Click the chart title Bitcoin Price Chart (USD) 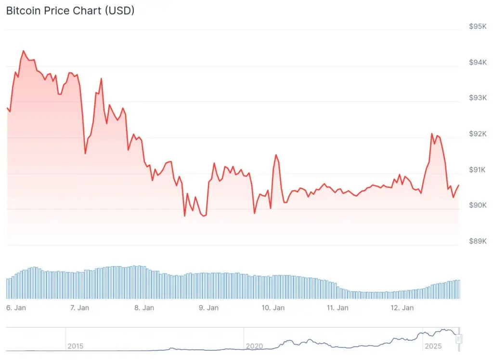tap(70, 11)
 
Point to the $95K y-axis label tap(478, 27)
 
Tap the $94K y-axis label tap(478, 63)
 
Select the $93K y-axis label tap(478, 98)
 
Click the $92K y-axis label tap(478, 134)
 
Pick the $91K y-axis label tap(478, 170)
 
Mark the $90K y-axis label tap(478, 205)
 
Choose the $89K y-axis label tap(478, 241)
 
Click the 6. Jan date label tap(16, 307)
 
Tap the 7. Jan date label tap(79, 307)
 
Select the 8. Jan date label tap(144, 307)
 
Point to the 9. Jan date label tap(208, 307)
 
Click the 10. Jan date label tap(272, 307)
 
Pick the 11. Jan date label tap(337, 307)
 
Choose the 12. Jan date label tap(402, 307)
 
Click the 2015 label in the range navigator tap(76, 346)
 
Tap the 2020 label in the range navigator tap(254, 346)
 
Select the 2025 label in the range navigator tap(432, 346)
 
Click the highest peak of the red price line tap(23, 51)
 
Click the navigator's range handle tap(459, 339)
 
